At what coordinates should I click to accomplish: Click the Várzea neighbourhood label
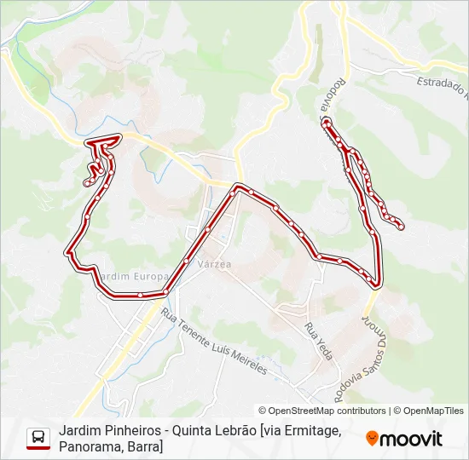pyautogui.click(x=214, y=265)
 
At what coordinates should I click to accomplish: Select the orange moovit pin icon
pyautogui.click(x=372, y=439)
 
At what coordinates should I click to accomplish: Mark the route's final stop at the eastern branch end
pyautogui.click(x=400, y=226)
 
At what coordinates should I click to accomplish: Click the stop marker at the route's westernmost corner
pyautogui.click(x=68, y=252)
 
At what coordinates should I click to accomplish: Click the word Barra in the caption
pyautogui.click(x=144, y=446)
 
